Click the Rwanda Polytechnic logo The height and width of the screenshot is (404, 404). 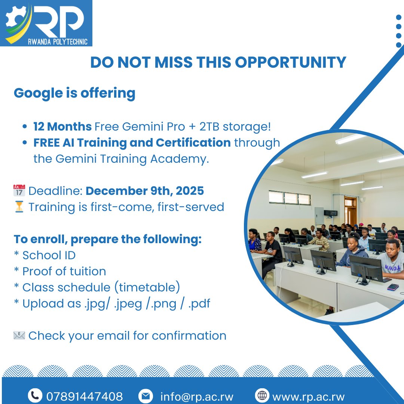46,23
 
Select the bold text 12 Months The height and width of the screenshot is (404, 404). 62,126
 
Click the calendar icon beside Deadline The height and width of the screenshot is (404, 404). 19,190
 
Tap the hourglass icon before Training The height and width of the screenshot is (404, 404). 19,207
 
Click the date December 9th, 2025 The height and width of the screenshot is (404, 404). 145,191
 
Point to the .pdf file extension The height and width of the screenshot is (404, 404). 199,304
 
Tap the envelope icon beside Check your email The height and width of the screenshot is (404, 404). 19,336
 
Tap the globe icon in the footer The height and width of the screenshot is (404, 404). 262,395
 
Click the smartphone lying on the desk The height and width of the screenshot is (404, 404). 392,287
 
